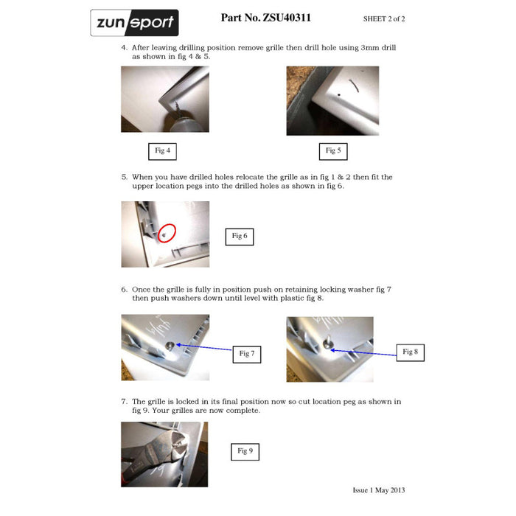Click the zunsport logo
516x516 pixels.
coord(135,23)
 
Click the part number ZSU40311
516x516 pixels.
coord(286,18)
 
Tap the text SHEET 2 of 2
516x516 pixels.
coord(384,19)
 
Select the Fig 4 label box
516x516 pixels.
coord(162,151)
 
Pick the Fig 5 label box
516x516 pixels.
coord(333,151)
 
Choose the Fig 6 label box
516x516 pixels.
coord(240,237)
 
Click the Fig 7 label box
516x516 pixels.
coord(247,355)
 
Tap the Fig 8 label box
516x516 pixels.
coord(410,353)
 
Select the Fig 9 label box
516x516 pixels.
coord(245,452)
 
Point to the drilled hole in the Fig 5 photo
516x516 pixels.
coord(338,95)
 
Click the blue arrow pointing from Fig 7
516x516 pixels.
coord(204,347)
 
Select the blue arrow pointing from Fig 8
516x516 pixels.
coord(363,353)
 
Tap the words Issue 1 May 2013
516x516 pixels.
coord(379,490)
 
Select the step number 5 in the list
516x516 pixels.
coord(124,177)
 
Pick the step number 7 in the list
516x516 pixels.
coord(124,402)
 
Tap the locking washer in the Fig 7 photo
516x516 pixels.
coord(170,346)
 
